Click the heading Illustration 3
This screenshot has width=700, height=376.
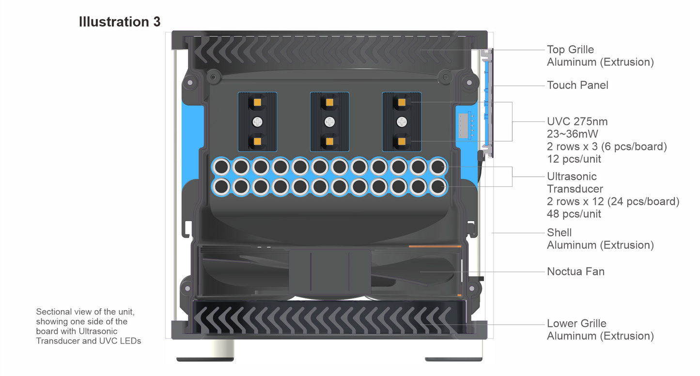click(x=120, y=22)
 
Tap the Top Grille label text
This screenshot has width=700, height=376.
click(x=570, y=50)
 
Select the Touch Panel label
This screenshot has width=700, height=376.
click(x=577, y=85)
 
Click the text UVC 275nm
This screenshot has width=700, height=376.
click(x=577, y=121)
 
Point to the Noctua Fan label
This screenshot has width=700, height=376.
click(x=576, y=271)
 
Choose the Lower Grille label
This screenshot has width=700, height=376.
click(x=576, y=324)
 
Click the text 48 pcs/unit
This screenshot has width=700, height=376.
click(x=574, y=214)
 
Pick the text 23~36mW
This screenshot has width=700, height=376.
click(x=573, y=134)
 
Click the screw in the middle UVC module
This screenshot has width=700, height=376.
click(x=330, y=122)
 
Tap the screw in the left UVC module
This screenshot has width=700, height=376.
click(x=258, y=122)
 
